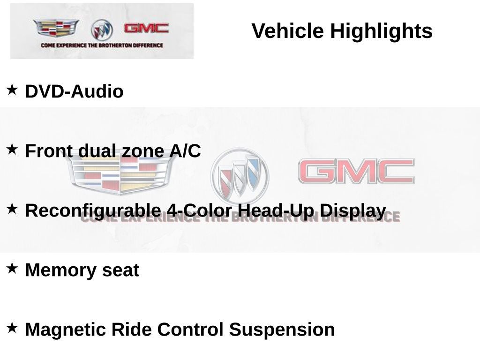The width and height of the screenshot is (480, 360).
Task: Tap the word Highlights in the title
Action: pyautogui.click(x=381, y=31)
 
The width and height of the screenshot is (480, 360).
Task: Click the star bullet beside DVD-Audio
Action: pyautogui.click(x=12, y=89)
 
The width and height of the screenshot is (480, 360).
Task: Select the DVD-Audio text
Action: pyautogui.click(x=74, y=91)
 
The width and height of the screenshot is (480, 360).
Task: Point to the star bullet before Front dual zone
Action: pyautogui.click(x=12, y=149)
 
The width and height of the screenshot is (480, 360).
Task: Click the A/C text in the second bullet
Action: pyautogui.click(x=185, y=151)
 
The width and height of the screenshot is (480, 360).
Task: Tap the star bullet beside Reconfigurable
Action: pyautogui.click(x=12, y=209)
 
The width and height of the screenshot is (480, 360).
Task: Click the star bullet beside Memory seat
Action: pyautogui.click(x=12, y=268)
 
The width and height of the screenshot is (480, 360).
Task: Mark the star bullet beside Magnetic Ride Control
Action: pyautogui.click(x=12, y=327)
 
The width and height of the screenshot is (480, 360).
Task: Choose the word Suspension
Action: pyautogui.click(x=282, y=330)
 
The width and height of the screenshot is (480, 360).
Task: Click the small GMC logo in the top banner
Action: pyautogui.click(x=146, y=28)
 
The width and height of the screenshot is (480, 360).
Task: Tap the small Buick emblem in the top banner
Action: pyautogui.click(x=102, y=30)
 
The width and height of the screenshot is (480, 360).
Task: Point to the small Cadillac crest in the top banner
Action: pyautogui.click(x=56, y=29)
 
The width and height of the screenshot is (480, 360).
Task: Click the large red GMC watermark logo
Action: pyautogui.click(x=356, y=171)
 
